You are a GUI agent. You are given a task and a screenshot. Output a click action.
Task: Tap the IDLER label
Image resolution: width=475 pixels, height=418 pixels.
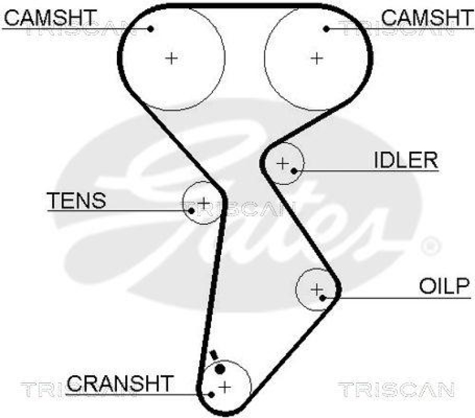[406, 159]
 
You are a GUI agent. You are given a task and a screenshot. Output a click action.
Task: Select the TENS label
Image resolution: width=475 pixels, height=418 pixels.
[77, 200]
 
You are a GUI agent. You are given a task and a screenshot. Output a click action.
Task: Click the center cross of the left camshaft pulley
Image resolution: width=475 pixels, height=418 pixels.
[171, 58]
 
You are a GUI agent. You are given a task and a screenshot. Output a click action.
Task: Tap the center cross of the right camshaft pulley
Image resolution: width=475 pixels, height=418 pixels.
[317, 58]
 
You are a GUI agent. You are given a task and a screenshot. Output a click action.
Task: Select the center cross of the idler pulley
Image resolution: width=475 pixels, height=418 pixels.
[282, 162]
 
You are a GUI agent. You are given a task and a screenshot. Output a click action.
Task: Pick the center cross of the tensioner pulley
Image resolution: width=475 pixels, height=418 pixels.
[204, 203]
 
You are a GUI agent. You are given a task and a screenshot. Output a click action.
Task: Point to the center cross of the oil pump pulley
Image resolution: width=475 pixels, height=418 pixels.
[317, 289]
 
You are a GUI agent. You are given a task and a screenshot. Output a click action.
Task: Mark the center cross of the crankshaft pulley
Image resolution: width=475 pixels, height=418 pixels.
[224, 386]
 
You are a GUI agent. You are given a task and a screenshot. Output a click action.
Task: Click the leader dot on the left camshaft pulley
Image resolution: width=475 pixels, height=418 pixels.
[151, 29]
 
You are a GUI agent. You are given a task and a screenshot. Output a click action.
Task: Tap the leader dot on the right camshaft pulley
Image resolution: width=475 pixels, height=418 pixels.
[326, 29]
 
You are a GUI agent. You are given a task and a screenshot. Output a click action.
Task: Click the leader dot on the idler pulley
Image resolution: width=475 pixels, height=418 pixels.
[293, 171]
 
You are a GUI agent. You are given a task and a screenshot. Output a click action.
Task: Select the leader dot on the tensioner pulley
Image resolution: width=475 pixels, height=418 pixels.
[191, 210]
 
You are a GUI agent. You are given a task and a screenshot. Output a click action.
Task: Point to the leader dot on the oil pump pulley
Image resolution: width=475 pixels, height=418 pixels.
[323, 297]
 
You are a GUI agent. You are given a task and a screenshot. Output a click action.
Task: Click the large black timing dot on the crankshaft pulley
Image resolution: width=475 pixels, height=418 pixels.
[219, 369]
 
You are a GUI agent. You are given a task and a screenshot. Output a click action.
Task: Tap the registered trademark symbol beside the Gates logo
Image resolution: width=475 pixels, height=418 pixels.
[430, 246]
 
